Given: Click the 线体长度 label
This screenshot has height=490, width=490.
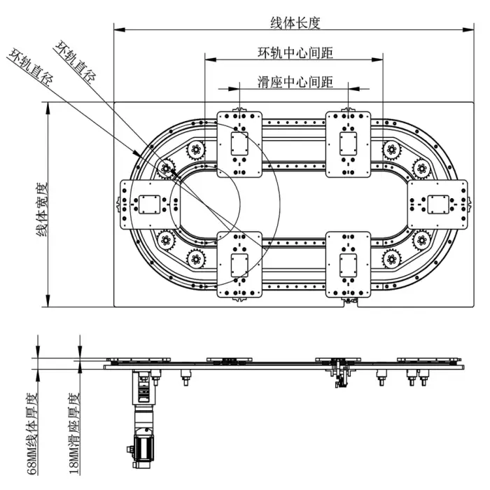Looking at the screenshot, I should [x=295, y=22].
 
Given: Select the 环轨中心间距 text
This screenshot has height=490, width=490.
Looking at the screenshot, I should [x=295, y=52].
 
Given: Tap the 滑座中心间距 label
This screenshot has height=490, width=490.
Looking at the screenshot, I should [x=295, y=82].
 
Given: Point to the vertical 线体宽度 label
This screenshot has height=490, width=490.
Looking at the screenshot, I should [x=41, y=207].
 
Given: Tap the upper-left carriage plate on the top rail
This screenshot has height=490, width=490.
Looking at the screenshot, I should [x=239, y=144].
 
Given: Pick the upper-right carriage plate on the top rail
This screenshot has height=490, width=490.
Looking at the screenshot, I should [x=348, y=144].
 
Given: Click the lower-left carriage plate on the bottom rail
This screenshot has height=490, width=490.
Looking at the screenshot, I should [x=239, y=265].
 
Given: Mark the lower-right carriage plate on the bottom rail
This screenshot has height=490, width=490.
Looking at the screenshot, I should [x=348, y=265].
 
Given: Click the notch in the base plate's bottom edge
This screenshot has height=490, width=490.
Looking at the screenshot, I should [x=348, y=304].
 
